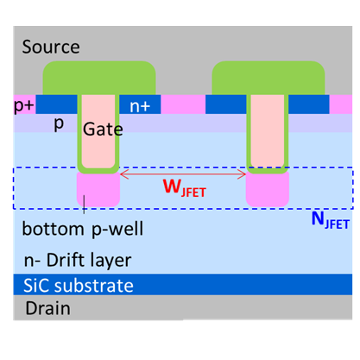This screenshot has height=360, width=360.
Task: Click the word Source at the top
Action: tap(51, 47)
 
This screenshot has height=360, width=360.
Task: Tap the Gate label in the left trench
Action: tap(103, 129)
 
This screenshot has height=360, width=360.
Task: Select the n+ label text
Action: tap(140, 106)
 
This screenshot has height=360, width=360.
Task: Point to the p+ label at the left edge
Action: tap(24, 106)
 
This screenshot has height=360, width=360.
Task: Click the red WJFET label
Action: tap(185, 188)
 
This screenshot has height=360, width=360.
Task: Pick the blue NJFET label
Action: tap(331, 220)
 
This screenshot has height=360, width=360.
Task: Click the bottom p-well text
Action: tap(83, 230)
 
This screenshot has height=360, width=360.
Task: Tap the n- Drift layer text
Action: tap(78, 260)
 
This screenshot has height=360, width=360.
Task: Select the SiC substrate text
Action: tap(79, 286)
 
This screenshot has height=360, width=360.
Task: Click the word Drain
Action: tap(47, 308)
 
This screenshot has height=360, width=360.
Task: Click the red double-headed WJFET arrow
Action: tap(183, 174)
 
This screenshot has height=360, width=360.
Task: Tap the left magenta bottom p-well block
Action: tap(98, 190)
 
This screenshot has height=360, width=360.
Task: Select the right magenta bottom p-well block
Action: tap(268, 190)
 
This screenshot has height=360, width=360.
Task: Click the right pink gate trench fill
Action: tap(268, 131)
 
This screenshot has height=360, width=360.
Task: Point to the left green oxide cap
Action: tap(99, 78)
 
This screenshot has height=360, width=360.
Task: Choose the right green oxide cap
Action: tap(268, 78)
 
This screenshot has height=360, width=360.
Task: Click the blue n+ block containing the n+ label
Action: tap(140, 104)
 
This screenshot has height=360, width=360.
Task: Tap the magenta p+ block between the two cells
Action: tap(183, 104)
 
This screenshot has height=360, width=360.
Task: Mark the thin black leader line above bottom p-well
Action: tap(84, 205)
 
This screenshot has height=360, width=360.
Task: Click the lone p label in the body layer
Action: tap(59, 124)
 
